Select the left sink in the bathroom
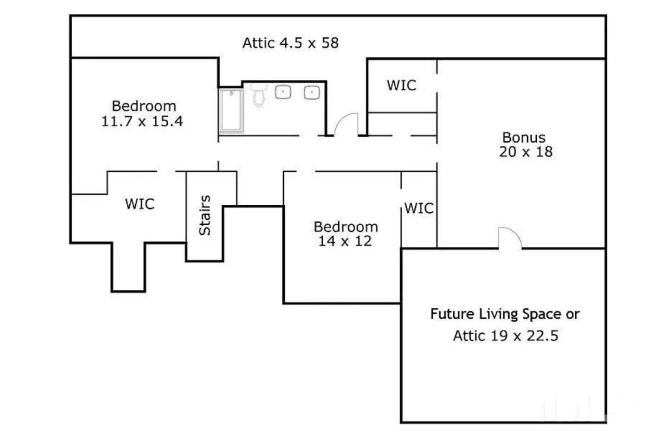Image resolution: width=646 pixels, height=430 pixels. point(284,92)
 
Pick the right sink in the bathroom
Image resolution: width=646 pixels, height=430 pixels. point(311,92)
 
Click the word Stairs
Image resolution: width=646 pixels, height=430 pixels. point(205,215)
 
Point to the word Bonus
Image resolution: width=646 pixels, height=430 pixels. point(524,138)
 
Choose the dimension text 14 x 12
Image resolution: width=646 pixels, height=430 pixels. point(345,241)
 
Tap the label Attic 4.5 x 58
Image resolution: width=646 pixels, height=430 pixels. point(290,43)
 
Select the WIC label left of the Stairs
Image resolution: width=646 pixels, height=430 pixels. point(140,204)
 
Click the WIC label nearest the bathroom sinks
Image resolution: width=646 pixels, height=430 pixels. point(401,85)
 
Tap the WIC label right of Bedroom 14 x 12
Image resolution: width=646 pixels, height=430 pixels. point(419,208)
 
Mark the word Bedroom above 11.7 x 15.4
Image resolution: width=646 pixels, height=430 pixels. point(144,106)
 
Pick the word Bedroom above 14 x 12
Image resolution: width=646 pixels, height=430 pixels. point(345,226)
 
